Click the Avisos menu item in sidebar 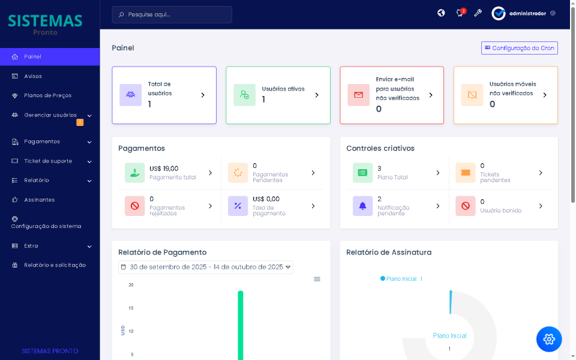click(33, 76)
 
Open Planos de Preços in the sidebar click(47, 95)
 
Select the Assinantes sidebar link click(39, 200)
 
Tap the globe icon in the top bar click(441, 13)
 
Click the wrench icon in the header click(478, 13)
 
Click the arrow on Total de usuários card click(203, 95)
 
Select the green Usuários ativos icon click(244, 95)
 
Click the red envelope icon click(358, 95)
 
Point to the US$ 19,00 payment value click(164, 169)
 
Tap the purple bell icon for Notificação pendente click(362, 206)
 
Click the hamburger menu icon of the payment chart click(317, 279)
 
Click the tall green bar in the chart click(241, 324)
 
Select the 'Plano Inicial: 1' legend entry click(401, 279)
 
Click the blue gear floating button click(549, 339)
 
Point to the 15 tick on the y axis click(131, 308)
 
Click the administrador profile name click(527, 13)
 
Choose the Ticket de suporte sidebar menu click(48, 161)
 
